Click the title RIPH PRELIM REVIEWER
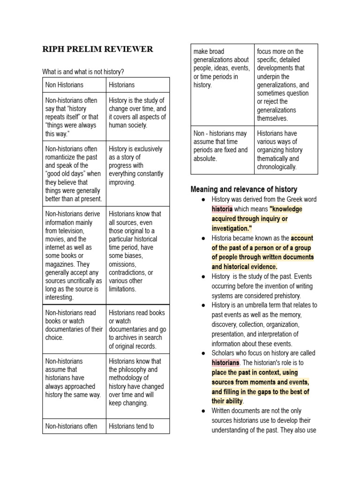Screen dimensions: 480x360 pos(97,49)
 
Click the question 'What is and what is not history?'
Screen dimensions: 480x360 pos(83,72)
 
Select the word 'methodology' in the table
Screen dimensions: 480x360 pos(128,378)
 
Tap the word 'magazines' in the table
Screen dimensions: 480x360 pos(62,264)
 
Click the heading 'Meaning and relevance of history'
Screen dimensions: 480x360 pos(244,189)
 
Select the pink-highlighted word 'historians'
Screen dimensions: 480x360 pos(225,363)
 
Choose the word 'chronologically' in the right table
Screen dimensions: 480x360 pos(277,167)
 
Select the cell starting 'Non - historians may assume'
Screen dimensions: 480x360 pos(222,146)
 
